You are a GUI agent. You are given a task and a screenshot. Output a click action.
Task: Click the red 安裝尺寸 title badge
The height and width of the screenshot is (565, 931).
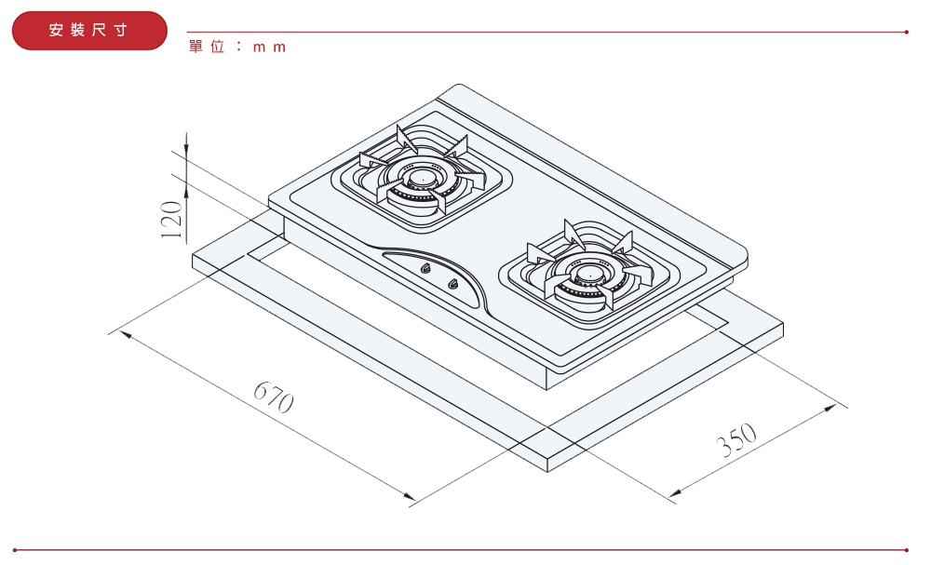point(89,31)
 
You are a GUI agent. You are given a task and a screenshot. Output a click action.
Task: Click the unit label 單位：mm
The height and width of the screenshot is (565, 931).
point(237,47)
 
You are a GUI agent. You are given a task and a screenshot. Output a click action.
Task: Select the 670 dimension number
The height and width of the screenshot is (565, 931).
point(274,397)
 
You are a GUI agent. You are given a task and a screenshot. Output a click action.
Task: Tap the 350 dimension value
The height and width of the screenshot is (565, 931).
point(736,439)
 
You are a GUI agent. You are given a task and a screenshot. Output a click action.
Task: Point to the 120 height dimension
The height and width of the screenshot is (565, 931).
point(172,220)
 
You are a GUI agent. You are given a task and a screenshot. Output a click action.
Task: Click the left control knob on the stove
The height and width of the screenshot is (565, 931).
point(425,269)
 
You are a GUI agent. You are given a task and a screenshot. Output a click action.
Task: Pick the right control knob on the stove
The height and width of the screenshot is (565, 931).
point(453,284)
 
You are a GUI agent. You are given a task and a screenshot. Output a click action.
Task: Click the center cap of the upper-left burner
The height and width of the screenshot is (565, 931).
point(422,178)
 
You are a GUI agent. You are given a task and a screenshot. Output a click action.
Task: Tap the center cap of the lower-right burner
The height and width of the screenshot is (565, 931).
point(588,274)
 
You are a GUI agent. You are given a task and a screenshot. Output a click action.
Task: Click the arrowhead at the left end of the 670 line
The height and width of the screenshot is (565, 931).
point(126,335)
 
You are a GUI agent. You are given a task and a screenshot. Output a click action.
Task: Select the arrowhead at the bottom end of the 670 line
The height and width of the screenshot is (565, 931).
point(408,495)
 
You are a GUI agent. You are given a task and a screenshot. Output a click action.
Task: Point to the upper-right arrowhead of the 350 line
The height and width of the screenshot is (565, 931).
point(830,409)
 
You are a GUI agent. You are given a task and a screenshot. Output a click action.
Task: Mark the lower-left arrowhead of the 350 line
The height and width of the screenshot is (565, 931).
point(675,492)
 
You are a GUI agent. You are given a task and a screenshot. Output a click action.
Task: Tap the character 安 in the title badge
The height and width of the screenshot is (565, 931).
point(56,30)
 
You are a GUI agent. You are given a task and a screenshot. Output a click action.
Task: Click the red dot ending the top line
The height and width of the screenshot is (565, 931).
point(907,32)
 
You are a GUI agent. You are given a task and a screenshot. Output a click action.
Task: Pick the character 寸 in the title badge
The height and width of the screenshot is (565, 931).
point(121,30)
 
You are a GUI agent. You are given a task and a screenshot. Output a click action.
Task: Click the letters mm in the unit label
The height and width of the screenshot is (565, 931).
point(270,47)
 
